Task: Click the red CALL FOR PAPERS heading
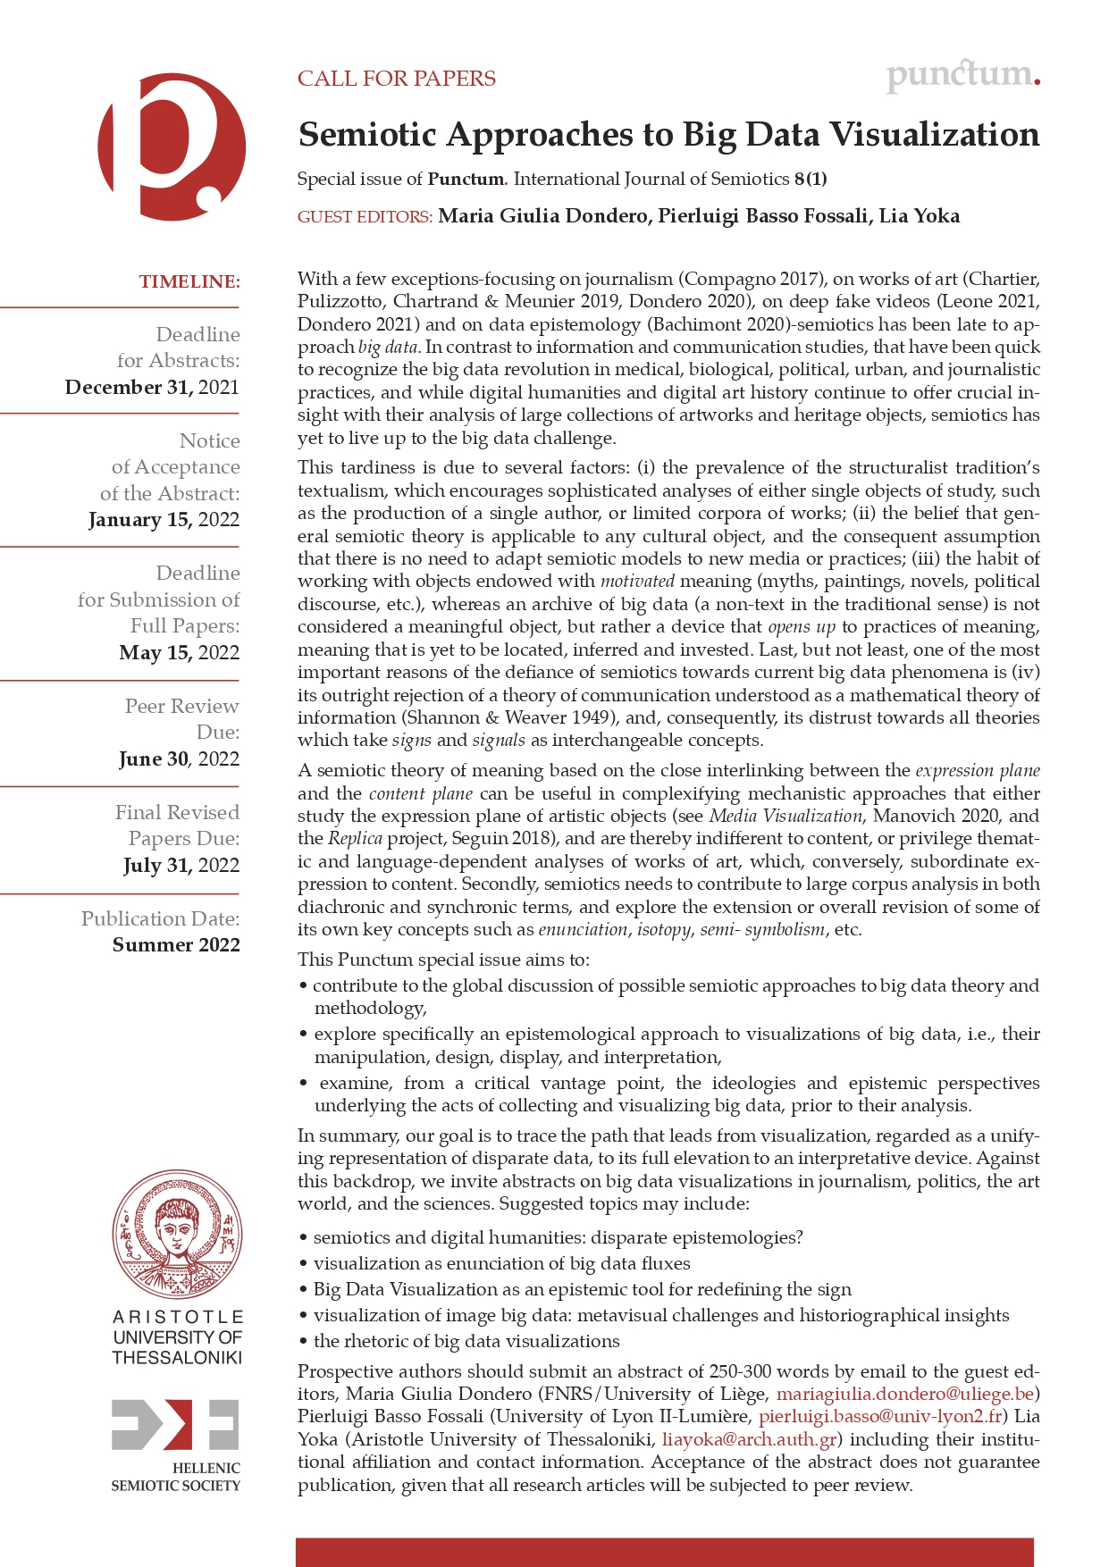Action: coord(396,79)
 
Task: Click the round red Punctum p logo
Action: coord(171,147)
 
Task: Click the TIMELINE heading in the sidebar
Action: coord(189,281)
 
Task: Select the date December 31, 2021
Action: coord(152,387)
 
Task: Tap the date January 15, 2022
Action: coord(164,520)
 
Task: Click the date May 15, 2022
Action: coord(179,653)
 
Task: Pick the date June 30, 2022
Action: coord(179,759)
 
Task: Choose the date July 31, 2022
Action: coord(181,866)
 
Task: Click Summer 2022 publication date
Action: coord(176,945)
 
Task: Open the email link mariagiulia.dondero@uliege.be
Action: coord(904,1394)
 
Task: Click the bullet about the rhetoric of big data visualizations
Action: coord(466,1341)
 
